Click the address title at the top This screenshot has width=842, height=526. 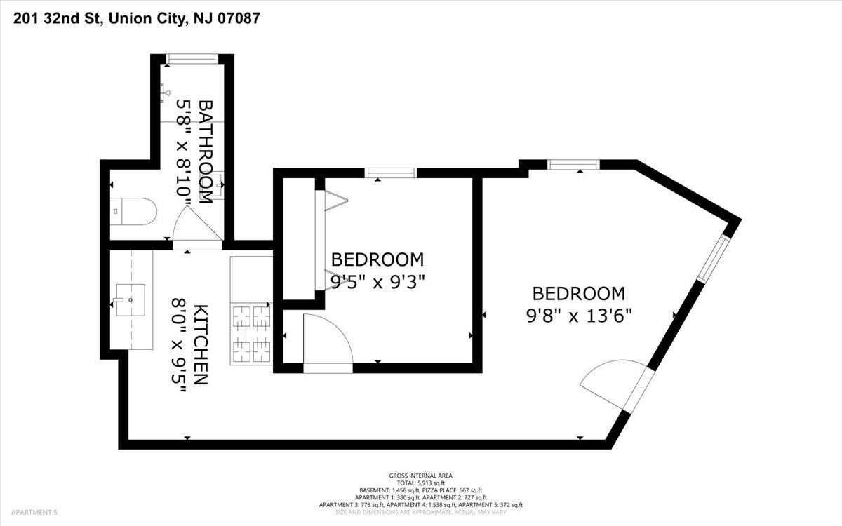tap(136, 18)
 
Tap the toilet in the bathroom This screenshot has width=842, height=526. tap(133, 212)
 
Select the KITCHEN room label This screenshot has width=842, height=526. tap(201, 344)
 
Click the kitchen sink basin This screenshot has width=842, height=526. tap(131, 300)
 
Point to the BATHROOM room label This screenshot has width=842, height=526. tap(205, 151)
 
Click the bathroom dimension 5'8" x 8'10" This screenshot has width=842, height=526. tap(184, 151)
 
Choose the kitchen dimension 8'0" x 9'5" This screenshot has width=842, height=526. tap(179, 345)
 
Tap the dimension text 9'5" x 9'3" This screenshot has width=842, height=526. tap(377, 282)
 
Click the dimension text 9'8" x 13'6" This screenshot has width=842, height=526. tap(579, 316)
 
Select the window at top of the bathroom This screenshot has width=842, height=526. tap(192, 59)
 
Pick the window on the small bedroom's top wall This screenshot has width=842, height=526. tap(391, 173)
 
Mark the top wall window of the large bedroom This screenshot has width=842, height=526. tap(573, 165)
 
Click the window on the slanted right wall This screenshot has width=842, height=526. tap(714, 259)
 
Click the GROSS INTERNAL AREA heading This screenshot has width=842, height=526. tap(420, 476)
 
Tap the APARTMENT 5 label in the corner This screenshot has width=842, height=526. tap(34, 512)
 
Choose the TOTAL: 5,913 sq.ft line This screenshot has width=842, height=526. tap(420, 483)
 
